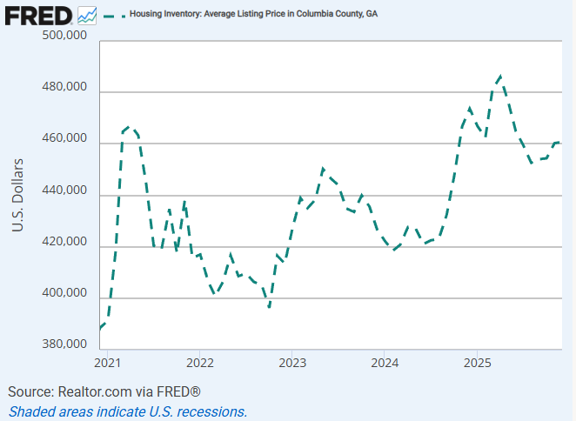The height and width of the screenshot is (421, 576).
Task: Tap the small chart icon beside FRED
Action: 87,15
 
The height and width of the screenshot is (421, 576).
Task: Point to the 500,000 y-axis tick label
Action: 64,36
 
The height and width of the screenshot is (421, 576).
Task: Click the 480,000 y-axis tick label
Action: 64,87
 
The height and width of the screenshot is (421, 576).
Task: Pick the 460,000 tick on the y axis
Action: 64,139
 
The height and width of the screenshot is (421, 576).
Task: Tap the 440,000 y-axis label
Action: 64,190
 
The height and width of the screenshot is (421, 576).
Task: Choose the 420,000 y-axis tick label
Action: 64,242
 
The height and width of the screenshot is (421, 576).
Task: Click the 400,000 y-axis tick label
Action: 64,294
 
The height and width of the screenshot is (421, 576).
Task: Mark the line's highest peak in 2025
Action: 499,77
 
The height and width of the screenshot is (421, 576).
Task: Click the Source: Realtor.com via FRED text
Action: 104,391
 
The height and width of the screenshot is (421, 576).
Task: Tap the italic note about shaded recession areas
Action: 128,411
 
